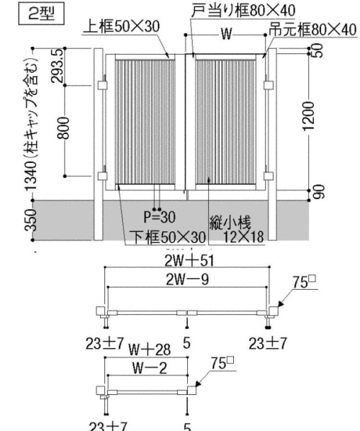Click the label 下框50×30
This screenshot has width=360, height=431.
tap(167, 237)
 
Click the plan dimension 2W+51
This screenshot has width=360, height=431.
tap(187, 261)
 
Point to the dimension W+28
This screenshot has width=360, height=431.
tap(150, 350)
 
